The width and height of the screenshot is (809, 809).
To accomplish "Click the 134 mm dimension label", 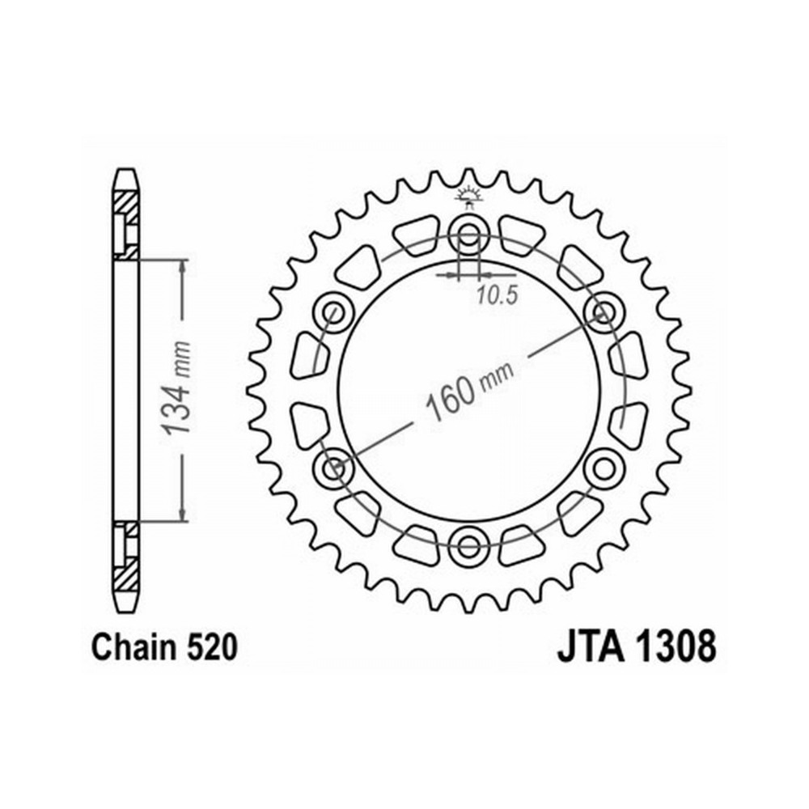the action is click(x=176, y=387).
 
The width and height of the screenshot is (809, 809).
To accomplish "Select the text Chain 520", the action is click(x=164, y=647).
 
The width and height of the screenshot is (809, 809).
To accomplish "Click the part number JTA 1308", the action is click(x=636, y=647).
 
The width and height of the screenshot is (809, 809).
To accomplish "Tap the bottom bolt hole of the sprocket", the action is click(x=468, y=546).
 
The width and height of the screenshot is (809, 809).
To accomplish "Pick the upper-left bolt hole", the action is click(x=333, y=311).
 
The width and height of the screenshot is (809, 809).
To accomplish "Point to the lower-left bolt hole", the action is click(x=333, y=468).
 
